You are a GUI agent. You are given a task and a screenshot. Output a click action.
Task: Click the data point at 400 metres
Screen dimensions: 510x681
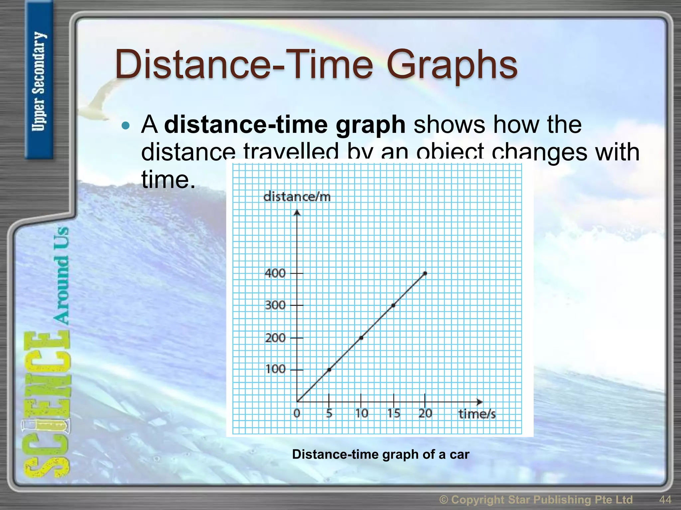point(425,273)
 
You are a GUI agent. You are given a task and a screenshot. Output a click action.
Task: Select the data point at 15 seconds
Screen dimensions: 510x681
point(393,305)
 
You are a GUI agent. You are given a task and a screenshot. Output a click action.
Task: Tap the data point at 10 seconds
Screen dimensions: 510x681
point(361,338)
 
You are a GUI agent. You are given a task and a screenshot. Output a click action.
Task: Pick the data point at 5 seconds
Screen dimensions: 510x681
point(329,370)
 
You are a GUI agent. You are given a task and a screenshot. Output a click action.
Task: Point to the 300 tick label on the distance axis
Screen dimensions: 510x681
point(275,305)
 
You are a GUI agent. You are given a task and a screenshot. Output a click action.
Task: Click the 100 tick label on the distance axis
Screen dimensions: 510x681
point(275,369)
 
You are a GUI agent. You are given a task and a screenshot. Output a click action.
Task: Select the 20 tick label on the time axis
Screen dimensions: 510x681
point(425,413)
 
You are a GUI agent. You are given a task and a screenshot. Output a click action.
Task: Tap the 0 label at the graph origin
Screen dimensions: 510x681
point(297,413)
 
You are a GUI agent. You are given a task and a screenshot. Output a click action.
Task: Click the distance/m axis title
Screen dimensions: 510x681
point(297,197)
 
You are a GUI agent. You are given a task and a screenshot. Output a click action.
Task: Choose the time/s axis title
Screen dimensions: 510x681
point(477,414)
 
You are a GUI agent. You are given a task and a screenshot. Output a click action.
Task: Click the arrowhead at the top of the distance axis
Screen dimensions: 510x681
point(297,212)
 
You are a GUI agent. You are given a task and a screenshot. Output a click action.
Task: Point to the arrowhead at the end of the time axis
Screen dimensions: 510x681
point(479,402)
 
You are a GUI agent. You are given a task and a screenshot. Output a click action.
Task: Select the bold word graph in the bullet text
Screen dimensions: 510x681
point(370,125)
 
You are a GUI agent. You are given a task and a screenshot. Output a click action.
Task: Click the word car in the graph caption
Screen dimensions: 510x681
point(459,454)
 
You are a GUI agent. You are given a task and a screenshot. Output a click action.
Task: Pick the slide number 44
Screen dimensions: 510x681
point(665,499)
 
